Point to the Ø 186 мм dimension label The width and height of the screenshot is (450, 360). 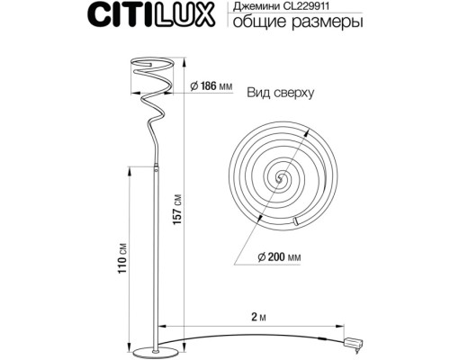211,87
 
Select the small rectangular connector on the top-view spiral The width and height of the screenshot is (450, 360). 296,221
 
